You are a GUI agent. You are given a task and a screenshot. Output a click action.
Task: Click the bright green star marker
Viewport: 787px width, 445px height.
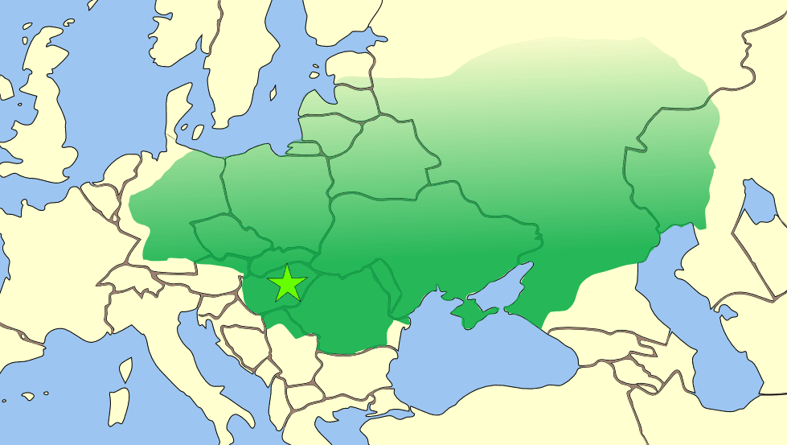pos(287,283)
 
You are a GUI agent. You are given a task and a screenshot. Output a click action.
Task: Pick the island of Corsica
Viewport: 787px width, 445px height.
pos(126,370)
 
